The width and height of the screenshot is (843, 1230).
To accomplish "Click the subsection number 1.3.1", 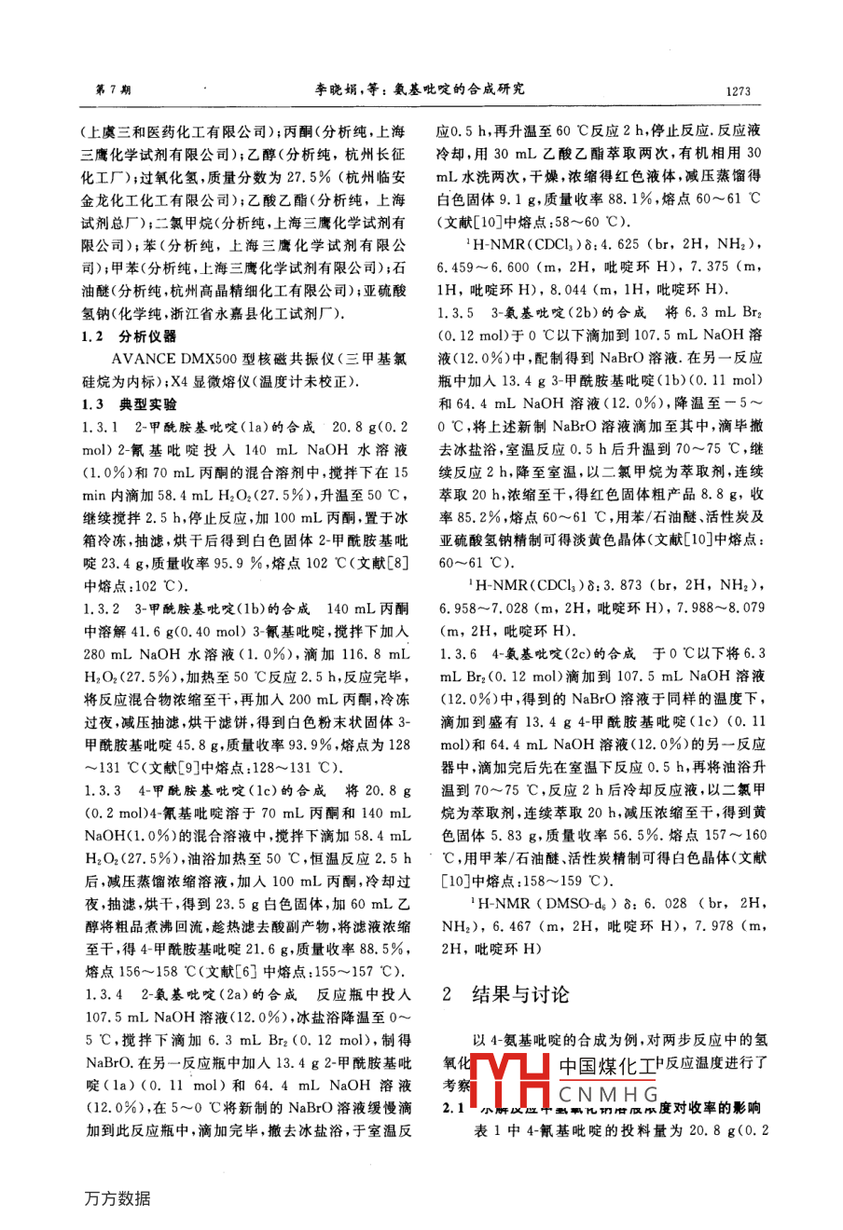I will [101, 426].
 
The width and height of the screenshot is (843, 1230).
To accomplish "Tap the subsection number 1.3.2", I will [101, 608].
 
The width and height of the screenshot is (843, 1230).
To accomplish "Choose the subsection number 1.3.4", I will [101, 994].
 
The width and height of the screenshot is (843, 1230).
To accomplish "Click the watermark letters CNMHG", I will [609, 1094].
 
